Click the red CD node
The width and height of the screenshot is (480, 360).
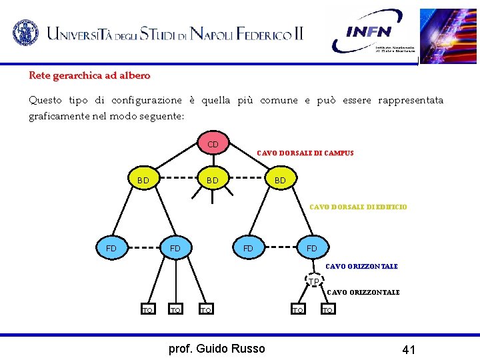pos(213,144)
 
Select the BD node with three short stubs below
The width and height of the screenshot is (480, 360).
pos(213,180)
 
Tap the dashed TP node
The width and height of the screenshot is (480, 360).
pos(313,282)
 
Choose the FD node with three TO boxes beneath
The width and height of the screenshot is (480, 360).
pos(175,248)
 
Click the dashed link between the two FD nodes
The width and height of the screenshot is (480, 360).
pos(143,248)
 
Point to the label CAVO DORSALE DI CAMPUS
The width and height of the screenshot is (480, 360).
pos(305,153)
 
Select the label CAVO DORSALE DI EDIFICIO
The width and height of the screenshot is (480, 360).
pos(358,207)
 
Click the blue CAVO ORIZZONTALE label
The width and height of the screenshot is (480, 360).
pos(361,266)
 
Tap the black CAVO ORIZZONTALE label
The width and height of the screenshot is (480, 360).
pos(363,292)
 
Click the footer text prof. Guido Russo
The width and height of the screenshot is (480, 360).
pos(217,348)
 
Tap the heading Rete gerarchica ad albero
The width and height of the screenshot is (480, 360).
pos(89,76)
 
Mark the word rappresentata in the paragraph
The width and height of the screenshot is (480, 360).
pos(410,100)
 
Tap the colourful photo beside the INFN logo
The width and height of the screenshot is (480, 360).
pos(449,35)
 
